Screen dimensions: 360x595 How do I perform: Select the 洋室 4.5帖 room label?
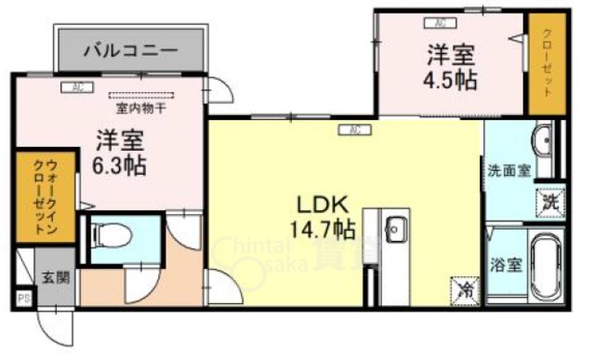click(x=453, y=66)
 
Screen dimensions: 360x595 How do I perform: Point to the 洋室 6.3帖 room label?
click(x=119, y=153)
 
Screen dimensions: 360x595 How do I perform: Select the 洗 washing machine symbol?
click(x=549, y=200)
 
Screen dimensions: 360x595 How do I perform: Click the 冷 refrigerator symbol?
click(x=464, y=289)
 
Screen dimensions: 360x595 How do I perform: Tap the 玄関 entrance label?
click(x=52, y=277)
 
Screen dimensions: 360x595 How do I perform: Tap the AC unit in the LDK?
click(x=355, y=129)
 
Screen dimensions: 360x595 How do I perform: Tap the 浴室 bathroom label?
click(x=508, y=263)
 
